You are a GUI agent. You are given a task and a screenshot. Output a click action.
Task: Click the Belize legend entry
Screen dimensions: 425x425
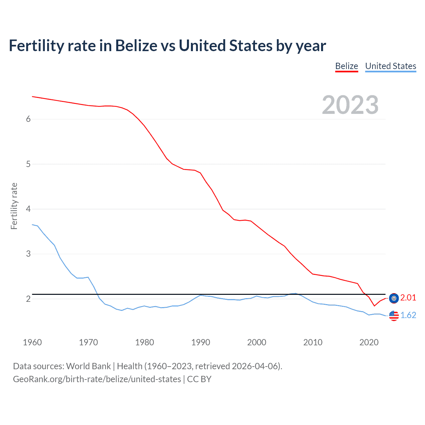[x=346, y=66]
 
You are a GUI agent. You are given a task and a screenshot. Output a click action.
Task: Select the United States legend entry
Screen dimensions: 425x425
[x=390, y=66]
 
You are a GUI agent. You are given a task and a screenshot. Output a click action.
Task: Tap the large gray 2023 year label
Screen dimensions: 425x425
[x=350, y=105]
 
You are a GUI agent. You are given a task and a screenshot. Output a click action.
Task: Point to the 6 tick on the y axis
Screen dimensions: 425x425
[x=28, y=119]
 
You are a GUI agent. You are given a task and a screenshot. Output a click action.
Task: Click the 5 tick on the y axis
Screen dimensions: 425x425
[x=28, y=164]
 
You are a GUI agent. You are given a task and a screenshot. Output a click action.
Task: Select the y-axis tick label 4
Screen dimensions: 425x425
[x=28, y=209]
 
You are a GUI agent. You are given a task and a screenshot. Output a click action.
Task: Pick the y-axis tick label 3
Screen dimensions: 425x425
[x=28, y=254]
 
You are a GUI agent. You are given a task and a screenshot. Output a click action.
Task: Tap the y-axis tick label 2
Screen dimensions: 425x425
[x=28, y=299]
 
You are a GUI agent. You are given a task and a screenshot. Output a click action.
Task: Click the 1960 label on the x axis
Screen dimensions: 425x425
[x=32, y=342]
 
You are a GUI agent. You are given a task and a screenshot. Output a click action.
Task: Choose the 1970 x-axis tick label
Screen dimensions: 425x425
[x=88, y=342]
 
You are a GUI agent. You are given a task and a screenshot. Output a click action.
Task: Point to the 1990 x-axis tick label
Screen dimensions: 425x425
[x=201, y=342]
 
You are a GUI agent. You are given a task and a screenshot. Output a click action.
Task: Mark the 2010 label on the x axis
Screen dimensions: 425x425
[x=313, y=342]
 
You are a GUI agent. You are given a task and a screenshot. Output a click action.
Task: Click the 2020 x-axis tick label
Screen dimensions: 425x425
[x=369, y=342]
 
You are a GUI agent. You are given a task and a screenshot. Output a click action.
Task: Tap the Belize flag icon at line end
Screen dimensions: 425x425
[x=394, y=298]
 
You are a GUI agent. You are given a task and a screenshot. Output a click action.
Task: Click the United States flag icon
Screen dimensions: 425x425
[x=394, y=315]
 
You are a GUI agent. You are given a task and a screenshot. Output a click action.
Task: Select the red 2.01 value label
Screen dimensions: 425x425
[x=408, y=298]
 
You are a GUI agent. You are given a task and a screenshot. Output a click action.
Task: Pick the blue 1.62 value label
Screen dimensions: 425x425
[x=408, y=315]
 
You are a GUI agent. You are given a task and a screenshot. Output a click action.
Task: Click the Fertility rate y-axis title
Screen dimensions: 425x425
[x=14, y=206]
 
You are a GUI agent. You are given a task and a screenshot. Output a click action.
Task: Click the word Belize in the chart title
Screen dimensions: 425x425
[x=136, y=46]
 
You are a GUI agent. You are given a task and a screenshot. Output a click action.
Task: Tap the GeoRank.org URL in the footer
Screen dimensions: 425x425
[x=97, y=379]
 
